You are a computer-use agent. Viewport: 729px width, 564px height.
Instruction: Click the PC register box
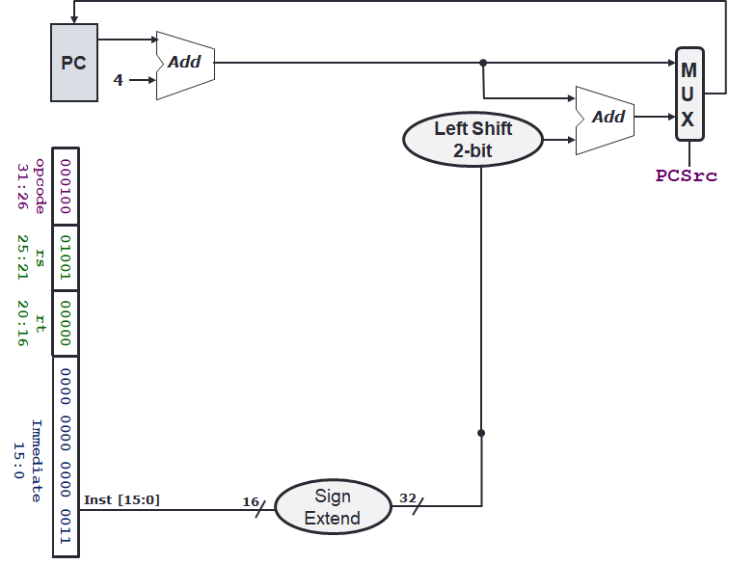coord(73,64)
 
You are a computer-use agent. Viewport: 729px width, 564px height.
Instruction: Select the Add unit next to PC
coord(184,63)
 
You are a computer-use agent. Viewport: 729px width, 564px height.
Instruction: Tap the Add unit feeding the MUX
coord(606,117)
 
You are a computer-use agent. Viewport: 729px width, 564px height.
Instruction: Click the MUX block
coord(688,94)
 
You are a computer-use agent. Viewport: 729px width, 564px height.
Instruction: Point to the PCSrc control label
coord(687,175)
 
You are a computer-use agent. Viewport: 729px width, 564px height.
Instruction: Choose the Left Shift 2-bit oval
coord(472,139)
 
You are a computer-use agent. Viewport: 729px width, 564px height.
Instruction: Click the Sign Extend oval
coord(332,507)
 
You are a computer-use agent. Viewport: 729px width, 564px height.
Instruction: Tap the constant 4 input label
coord(119,80)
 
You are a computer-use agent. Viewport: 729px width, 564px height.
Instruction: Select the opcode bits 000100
coord(67,186)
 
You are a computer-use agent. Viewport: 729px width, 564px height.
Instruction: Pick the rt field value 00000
coord(67,324)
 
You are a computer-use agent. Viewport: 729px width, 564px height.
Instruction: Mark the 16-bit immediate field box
coord(67,456)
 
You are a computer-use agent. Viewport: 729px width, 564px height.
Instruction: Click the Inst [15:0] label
coord(122,498)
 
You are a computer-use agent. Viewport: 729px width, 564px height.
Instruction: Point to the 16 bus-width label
coord(251,501)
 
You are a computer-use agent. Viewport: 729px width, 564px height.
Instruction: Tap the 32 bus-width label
coord(408,498)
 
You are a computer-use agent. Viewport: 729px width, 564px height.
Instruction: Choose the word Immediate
coord(37,460)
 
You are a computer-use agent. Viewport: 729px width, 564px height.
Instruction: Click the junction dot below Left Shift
coord(481,433)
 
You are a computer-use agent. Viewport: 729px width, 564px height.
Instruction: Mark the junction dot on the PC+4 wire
coord(482,64)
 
